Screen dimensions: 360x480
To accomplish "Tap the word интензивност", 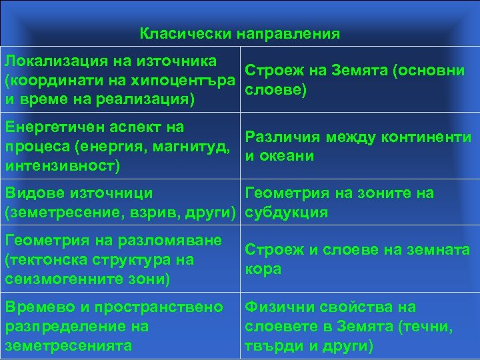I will tap(63, 165).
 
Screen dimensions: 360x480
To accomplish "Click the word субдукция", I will tap(287, 213).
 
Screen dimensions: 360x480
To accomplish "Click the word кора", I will tap(263, 269).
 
